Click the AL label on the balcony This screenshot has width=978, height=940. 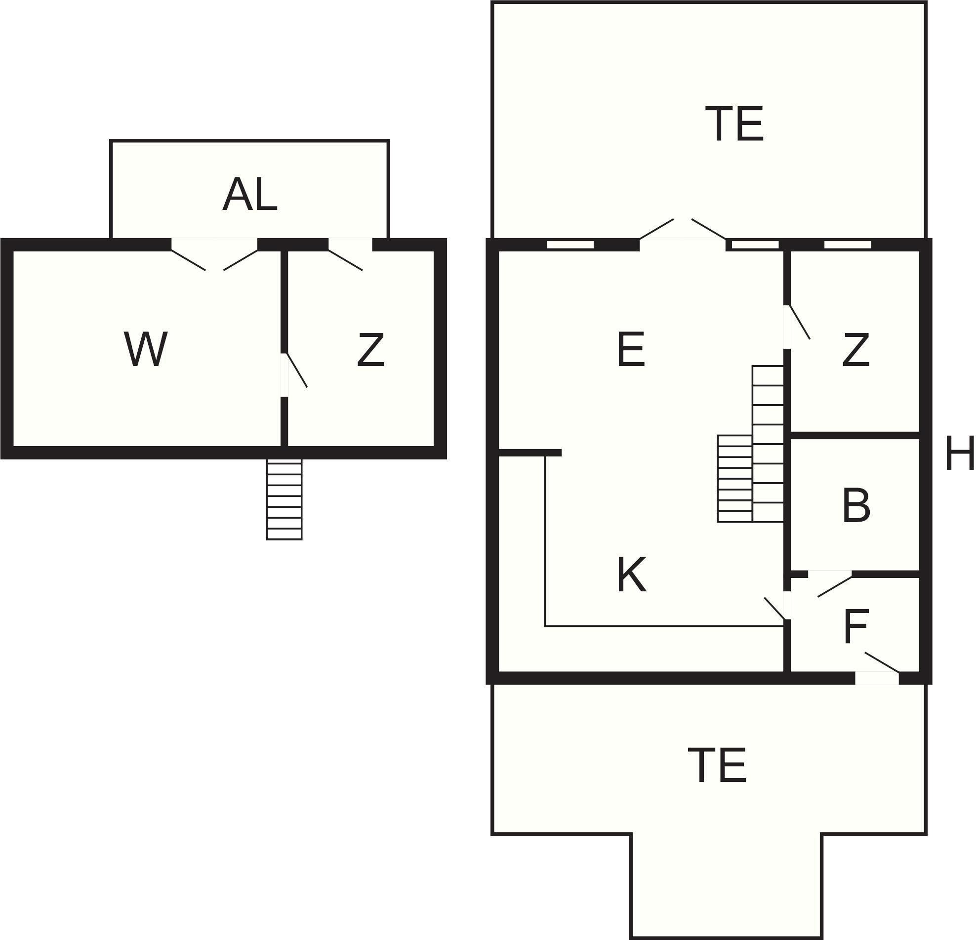[249, 195]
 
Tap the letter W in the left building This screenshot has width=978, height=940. [146, 349]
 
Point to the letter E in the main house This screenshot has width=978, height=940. [631, 350]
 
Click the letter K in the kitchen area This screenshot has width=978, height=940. [632, 575]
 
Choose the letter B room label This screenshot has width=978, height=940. [856, 506]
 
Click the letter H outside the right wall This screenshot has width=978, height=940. [960, 453]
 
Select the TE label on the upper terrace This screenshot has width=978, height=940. [734, 124]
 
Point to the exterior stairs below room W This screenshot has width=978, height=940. [285, 499]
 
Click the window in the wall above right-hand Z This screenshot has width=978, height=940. [848, 245]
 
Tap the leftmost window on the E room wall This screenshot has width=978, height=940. [570, 245]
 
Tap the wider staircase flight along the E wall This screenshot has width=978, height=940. [768, 444]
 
